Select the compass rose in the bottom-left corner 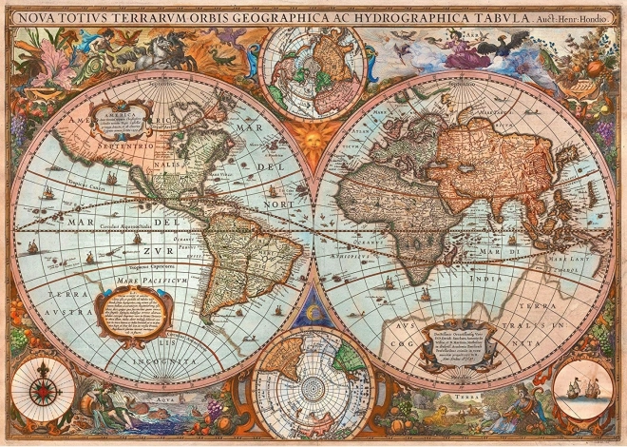tap(41, 390)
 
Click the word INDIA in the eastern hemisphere tap(483, 280)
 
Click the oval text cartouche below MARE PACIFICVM tap(136, 313)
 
